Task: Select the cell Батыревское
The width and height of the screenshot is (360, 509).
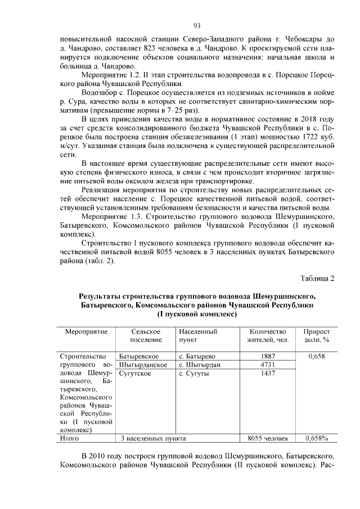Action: (139, 356)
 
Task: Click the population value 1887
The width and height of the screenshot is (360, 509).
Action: (269, 356)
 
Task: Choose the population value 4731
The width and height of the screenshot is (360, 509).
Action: (269, 364)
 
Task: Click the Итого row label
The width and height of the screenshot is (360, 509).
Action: (70, 437)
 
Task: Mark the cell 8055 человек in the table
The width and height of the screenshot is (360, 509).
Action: (268, 437)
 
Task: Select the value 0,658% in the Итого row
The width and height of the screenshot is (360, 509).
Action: (317, 437)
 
